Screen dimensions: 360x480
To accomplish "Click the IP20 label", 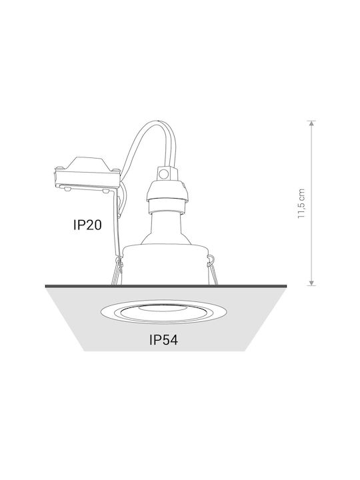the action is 87,225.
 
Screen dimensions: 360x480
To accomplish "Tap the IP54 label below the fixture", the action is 163,340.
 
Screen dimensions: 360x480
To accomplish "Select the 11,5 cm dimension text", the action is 301,203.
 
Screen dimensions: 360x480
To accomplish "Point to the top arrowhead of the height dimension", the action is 311,123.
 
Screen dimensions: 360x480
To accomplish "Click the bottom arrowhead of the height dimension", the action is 311,283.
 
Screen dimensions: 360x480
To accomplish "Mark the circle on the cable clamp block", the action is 165,175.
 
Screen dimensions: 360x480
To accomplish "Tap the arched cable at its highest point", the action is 159,122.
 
